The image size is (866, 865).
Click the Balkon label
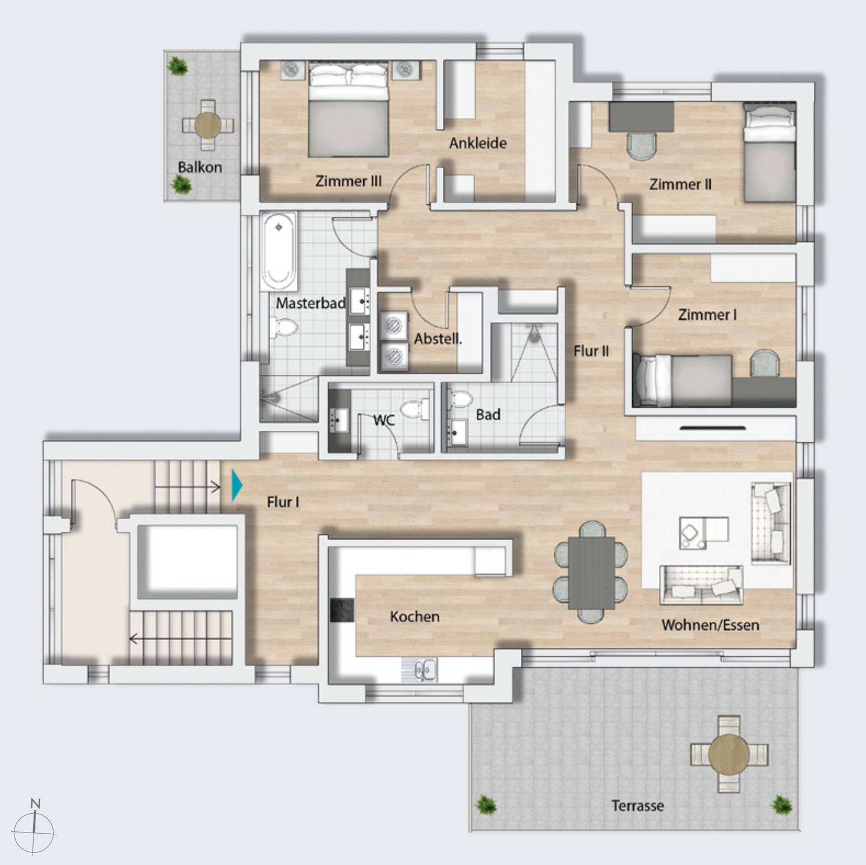coord(200,167)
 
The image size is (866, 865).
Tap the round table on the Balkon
coord(207,125)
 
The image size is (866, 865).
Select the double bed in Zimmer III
coord(348,109)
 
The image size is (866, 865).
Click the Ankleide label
coord(478,143)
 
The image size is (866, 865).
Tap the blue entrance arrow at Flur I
coord(237,485)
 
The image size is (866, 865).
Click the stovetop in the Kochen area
coord(342,610)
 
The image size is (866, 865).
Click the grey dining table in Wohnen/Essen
coord(591,573)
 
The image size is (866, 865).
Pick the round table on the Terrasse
coord(728,754)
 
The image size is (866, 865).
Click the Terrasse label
coord(637,805)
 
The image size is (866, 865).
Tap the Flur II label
coord(591,351)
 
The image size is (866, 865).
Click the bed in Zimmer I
coord(682,380)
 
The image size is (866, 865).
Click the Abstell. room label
coord(438,339)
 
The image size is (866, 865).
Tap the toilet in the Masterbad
coord(283,327)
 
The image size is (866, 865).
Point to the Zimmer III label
coord(348,181)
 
